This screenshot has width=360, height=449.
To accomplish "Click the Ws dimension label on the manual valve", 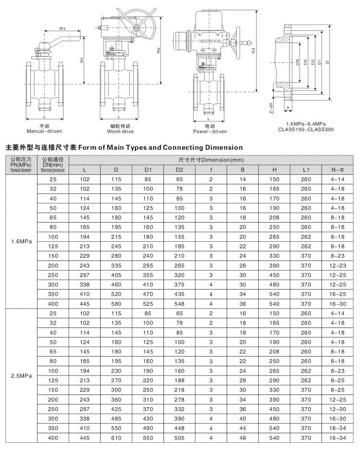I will (62, 28).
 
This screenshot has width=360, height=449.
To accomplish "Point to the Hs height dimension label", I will (82, 60).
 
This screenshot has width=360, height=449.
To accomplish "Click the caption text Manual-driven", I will (45, 131).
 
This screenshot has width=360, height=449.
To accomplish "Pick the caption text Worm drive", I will (120, 131).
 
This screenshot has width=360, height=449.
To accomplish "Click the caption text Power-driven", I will (210, 131).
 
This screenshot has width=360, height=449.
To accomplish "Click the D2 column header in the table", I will (179, 169).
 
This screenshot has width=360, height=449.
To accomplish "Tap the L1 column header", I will (306, 169).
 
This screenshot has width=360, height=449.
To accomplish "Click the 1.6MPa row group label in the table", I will (21, 241).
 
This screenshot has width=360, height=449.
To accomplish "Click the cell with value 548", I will (179, 304).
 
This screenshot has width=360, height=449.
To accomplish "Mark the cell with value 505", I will (179, 438).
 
